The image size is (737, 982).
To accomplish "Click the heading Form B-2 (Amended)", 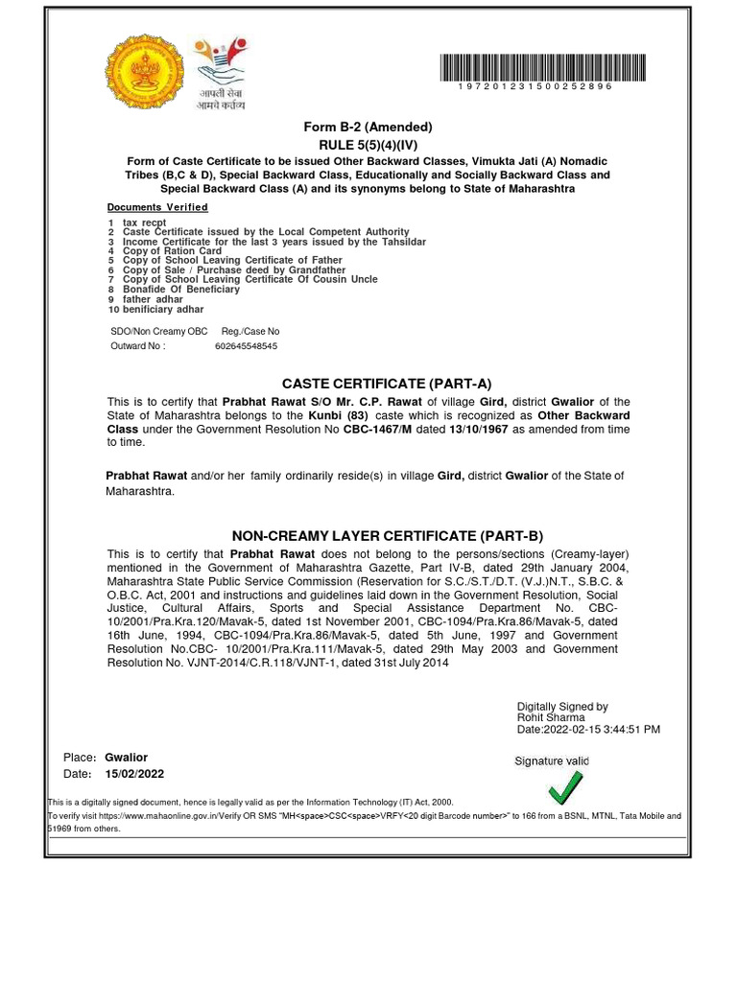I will point(368,127).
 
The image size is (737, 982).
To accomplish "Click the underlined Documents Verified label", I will point(157,207).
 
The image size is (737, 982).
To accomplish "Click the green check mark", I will point(564,788).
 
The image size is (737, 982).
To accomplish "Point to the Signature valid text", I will point(552,761).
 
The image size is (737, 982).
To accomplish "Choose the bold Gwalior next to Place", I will point(126,758).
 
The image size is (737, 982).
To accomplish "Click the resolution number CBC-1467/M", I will point(384,430).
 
